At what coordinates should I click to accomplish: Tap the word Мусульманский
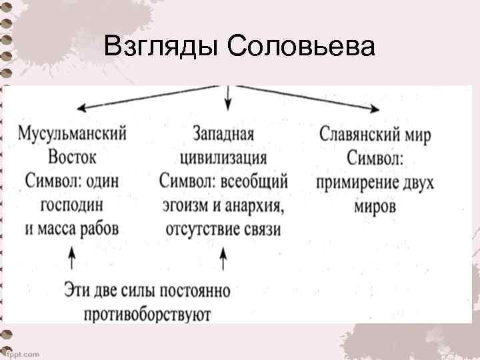click(x=73, y=133)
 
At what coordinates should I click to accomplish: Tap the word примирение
click(x=353, y=182)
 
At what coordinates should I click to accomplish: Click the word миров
click(x=375, y=206)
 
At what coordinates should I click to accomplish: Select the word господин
click(x=72, y=205)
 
